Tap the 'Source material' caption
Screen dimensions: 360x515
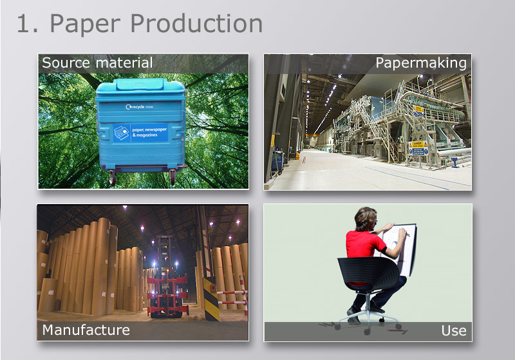pos(97,63)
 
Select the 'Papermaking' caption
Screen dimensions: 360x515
pos(420,63)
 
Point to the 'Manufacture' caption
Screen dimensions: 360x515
pos(86,330)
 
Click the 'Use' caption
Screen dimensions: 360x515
pos(453,331)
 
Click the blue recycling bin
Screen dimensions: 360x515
pos(140,129)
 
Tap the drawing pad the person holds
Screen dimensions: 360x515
pos(402,248)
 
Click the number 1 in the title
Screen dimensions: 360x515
pos(24,24)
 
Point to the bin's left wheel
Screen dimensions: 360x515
pos(112,178)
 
